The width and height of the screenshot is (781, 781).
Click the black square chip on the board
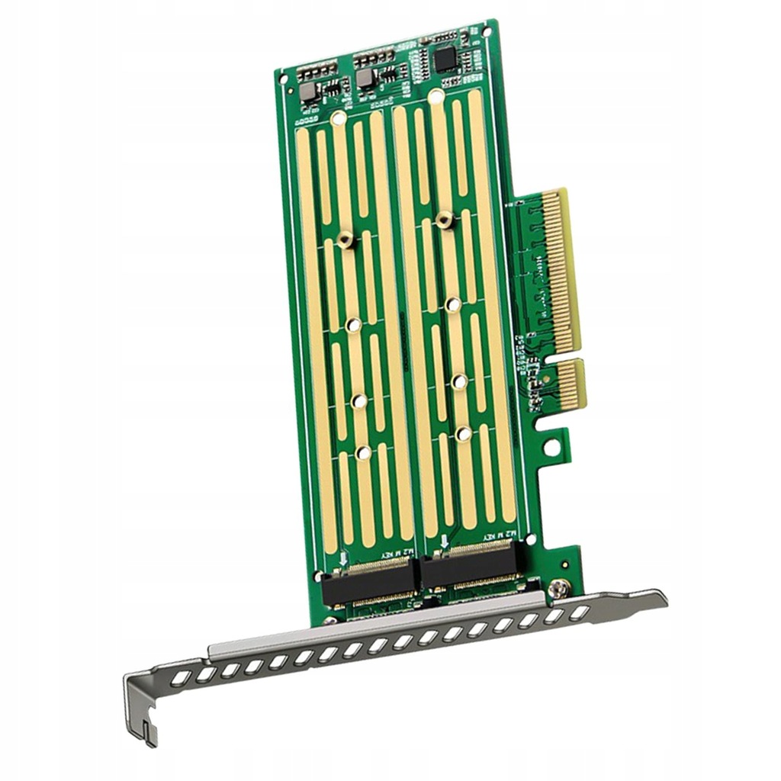(445, 58)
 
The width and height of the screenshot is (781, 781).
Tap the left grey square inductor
(308, 92)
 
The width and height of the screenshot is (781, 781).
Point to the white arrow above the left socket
(342, 558)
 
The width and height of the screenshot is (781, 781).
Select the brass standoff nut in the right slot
(445, 220)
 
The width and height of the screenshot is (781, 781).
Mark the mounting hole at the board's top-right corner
(487, 32)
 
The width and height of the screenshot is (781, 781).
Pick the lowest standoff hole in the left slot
(364, 453)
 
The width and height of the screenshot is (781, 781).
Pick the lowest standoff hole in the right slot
(463, 434)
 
